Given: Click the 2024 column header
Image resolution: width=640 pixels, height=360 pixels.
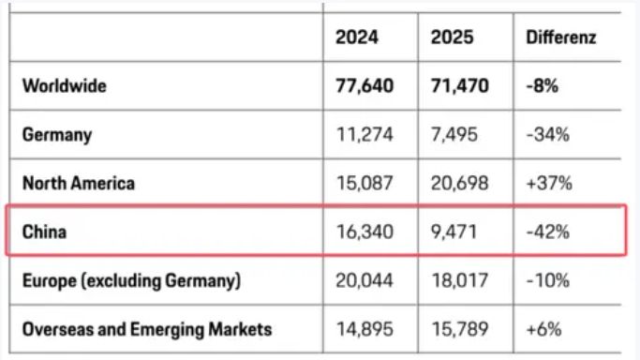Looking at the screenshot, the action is (357, 37).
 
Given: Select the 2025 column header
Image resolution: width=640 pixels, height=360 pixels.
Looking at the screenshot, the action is (452, 37).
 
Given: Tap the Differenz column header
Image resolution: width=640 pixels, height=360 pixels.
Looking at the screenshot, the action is (561, 37).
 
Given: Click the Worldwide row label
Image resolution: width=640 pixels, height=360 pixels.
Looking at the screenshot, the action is (65, 85).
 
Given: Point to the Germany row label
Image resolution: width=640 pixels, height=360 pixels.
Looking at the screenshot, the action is (57, 135).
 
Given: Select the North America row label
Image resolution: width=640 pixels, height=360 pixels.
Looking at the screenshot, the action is (79, 183).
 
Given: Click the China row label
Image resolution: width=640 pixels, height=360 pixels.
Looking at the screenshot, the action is (44, 232).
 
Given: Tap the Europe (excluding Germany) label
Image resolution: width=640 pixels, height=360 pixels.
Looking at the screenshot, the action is (131, 281).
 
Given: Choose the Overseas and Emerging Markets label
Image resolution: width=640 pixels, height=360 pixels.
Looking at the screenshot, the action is (147, 329).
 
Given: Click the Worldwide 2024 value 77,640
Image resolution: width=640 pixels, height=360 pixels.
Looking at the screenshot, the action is (365, 85).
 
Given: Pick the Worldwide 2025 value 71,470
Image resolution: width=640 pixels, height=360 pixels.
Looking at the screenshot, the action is (459, 85).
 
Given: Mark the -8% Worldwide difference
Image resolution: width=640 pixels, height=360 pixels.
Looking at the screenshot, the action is (542, 85).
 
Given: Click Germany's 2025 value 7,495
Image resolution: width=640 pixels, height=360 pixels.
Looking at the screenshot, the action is (454, 135).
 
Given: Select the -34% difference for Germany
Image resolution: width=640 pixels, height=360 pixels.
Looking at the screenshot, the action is (548, 135).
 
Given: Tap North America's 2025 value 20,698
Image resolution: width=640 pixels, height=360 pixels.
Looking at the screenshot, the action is (459, 183).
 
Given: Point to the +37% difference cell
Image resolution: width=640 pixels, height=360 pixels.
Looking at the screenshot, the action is (549, 183).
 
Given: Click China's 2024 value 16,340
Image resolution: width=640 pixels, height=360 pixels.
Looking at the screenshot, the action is (365, 232).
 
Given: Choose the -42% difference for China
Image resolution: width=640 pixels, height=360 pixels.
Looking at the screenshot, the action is (548, 232).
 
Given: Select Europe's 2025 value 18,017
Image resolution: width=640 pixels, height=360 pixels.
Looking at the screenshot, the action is (459, 281).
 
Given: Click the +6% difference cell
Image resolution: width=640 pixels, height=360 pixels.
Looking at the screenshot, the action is (543, 329).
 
